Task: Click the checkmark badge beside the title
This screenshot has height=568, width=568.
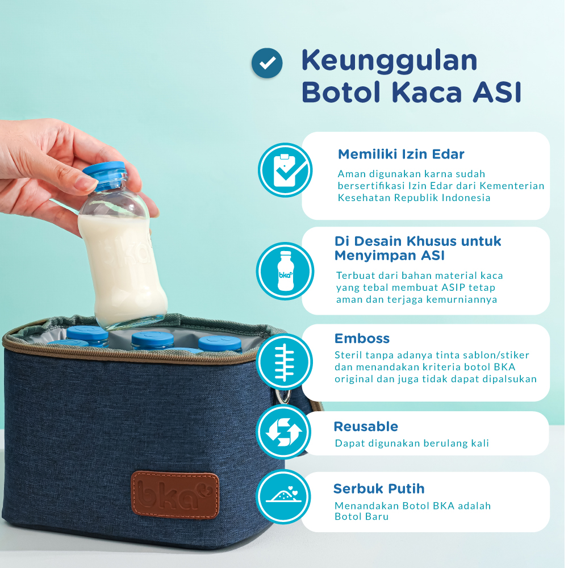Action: pos(267,63)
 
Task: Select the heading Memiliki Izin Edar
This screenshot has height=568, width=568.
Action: pos(401,154)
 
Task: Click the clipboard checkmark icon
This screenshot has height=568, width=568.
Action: pos(285,170)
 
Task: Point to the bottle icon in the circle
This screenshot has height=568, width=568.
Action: pos(285,271)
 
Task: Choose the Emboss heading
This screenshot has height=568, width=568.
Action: pos(362,339)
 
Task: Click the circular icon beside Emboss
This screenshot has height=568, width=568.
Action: pos(285,361)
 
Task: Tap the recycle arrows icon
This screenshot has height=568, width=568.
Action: pos(283,433)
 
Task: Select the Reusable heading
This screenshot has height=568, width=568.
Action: pos(366,427)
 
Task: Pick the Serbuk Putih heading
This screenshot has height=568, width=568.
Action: pos(379,488)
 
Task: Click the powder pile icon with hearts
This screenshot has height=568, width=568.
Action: pos(283,496)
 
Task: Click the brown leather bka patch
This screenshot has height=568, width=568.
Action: pos(175,494)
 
